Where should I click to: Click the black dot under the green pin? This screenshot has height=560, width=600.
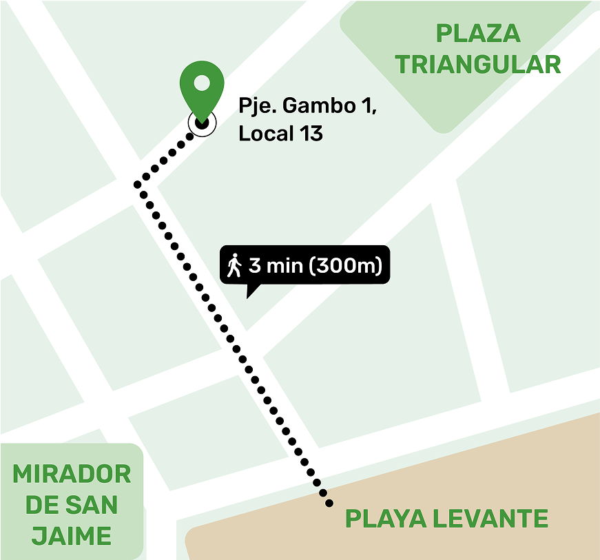[202, 123]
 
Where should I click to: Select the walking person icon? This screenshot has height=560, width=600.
[235, 265]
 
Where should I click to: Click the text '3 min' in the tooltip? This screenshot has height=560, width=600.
[276, 265]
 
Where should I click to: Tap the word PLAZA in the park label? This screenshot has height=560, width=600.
[478, 33]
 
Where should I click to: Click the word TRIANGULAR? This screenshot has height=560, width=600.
[478, 65]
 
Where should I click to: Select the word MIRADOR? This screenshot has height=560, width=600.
[72, 474]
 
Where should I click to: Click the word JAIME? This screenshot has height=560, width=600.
[72, 535]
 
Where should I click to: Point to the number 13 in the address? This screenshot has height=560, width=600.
[311, 134]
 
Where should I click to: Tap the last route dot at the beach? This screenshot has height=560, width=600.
[330, 504]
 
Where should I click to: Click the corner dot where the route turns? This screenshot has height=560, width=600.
[138, 184]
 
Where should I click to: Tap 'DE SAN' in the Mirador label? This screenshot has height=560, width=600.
[72, 505]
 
